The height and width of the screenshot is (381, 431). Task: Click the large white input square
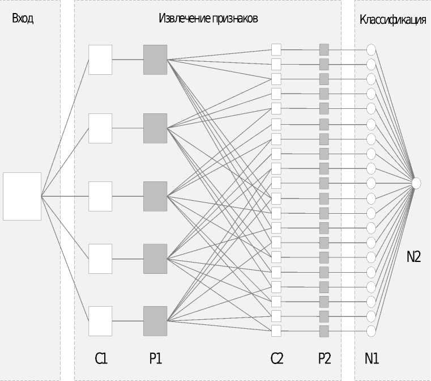pos(22,196)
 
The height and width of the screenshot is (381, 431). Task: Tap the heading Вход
pos(23,19)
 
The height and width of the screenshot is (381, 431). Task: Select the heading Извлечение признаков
pos(208,19)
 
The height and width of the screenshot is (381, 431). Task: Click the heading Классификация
pos(392,20)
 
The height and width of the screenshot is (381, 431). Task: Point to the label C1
pos(101,358)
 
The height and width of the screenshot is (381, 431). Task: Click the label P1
pos(155,358)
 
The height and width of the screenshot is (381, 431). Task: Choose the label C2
pos(276,358)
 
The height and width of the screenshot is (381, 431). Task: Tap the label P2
pos(324,358)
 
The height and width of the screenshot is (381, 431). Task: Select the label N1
pos(372,358)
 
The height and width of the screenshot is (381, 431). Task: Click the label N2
pos(413,257)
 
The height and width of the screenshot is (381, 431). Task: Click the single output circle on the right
pos(416,183)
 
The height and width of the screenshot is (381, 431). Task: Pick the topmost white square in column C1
pos(100,60)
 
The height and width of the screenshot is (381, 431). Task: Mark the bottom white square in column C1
pos(100,321)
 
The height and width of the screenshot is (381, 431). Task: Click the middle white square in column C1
pos(100,196)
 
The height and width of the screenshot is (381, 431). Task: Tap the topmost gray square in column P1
pos(155,60)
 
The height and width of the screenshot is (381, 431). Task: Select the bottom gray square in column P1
pos(155,321)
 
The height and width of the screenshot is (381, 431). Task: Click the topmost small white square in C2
pos(276,49)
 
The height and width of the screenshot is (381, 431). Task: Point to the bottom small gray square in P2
pos(324,331)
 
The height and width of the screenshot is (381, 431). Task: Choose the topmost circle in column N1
pos(371,49)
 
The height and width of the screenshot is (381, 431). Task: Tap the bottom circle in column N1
pos(371,331)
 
